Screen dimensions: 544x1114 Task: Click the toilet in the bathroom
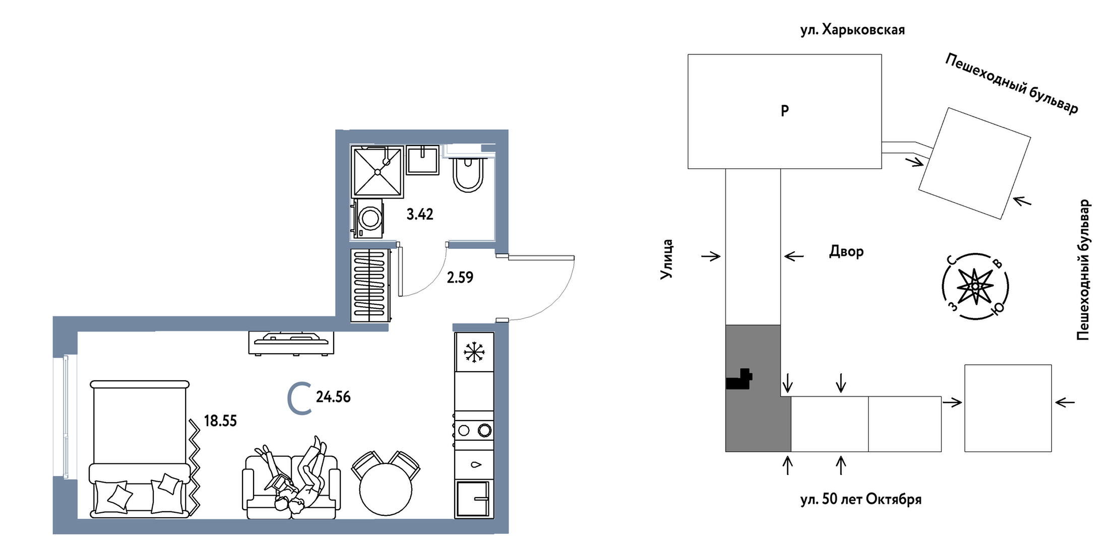point(468,174)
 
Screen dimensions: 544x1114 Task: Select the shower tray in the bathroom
point(377,172)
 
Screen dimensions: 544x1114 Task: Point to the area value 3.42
point(420,215)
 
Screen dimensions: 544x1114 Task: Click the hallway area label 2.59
point(460,278)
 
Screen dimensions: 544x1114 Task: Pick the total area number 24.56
point(333,397)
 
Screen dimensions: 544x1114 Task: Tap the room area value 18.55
point(220,421)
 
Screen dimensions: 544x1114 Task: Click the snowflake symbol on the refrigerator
point(474,352)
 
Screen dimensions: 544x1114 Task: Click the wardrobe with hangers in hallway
point(370,286)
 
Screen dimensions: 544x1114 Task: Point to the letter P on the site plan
point(784,111)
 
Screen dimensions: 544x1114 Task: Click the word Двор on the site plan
point(846,251)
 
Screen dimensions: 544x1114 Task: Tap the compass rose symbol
point(975,287)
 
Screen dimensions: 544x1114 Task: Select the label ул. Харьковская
point(852,30)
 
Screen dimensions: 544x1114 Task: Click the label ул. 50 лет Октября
point(861,499)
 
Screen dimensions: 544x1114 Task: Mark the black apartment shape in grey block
point(739,380)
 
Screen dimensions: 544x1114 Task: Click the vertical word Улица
point(666,259)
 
